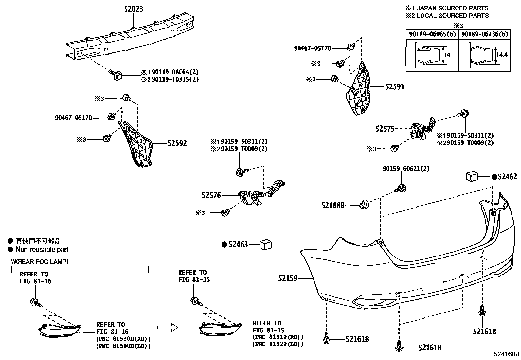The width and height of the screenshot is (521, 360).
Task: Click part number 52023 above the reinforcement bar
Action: [134, 9]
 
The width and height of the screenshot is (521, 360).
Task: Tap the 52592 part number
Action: [177, 143]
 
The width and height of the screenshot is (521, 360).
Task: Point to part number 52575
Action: [385, 129]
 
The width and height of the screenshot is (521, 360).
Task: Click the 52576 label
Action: [211, 195]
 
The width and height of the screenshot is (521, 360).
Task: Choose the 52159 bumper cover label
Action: [288, 278]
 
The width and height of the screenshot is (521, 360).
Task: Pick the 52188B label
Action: [333, 205]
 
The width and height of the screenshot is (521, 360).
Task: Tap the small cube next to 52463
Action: [265, 244]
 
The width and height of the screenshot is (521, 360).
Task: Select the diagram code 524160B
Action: [507, 354]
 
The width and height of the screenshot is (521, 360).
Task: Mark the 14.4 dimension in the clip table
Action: [501, 55]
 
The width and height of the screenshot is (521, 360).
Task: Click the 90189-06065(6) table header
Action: [432, 34]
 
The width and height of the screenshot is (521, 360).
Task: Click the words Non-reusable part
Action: [42, 250]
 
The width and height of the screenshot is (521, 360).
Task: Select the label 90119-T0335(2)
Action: [175, 79]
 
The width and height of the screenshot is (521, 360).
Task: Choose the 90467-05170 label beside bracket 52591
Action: [312, 48]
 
